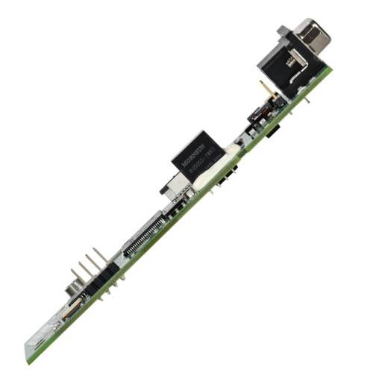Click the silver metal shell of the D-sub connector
point(313,35)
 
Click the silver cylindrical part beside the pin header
point(72,289)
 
